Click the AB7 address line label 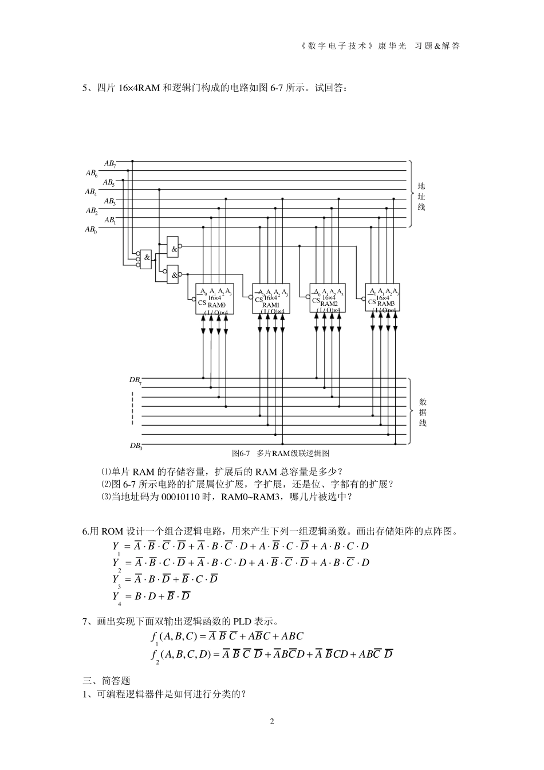pos(110,164)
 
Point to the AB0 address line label pos(91,230)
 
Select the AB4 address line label pos(91,192)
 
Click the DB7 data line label pos(135,380)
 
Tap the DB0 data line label pos(135,446)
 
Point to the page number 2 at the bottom pos(272,721)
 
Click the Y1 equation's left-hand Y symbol pos(116,547)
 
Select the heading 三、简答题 pos(107,681)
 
